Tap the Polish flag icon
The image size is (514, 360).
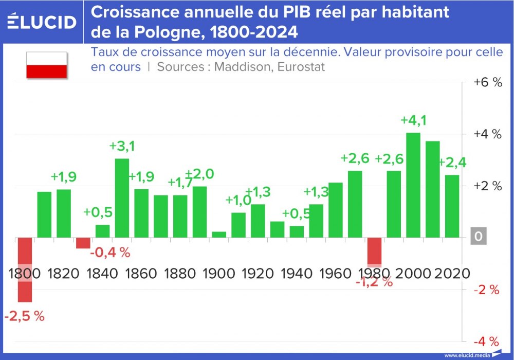(x=47, y=65)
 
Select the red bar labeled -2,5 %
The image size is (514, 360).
(x=25, y=269)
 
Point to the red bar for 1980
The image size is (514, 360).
(x=374, y=250)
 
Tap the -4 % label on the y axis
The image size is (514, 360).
(x=486, y=341)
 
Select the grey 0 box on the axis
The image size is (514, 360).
(x=479, y=237)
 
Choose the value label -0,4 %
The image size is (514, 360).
(x=110, y=253)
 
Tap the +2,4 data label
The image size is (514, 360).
(x=452, y=163)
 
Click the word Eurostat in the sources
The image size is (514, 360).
(x=302, y=67)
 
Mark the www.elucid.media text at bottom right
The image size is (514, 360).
(x=467, y=355)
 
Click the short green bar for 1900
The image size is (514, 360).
(x=219, y=235)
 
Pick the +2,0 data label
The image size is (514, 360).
(x=199, y=174)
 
